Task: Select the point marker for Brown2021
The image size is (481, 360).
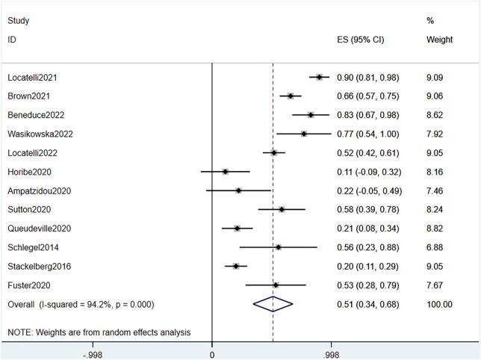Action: tap(291, 96)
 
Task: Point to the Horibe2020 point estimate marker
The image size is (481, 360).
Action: tap(226, 171)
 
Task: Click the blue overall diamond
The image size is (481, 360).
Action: tap(273, 303)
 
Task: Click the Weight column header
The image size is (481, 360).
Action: tap(438, 39)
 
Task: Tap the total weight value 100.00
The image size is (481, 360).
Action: tap(438, 304)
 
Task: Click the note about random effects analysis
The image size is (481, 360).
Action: tap(99, 332)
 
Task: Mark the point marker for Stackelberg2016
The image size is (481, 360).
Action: tap(236, 265)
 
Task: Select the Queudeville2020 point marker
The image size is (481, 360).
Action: tap(238, 228)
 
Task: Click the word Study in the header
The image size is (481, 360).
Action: tap(19, 21)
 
